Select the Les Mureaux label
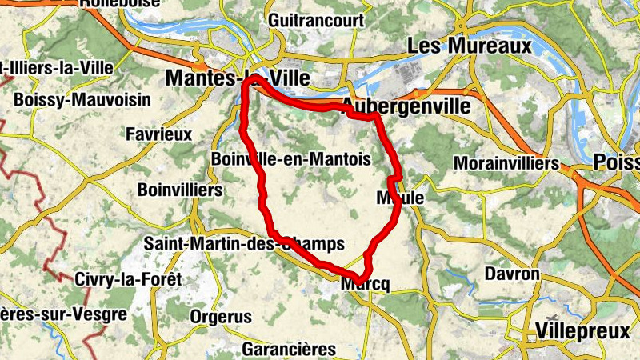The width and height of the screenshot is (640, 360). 469,46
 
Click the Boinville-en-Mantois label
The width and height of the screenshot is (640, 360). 290,159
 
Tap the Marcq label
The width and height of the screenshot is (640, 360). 364,284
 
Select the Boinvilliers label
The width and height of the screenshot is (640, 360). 179,190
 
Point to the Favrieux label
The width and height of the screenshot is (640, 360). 159,134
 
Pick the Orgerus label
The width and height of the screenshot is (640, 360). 220,317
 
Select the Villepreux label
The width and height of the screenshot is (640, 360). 582,330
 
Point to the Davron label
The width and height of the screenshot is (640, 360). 512,274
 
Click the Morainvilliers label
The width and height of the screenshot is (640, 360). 505,163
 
